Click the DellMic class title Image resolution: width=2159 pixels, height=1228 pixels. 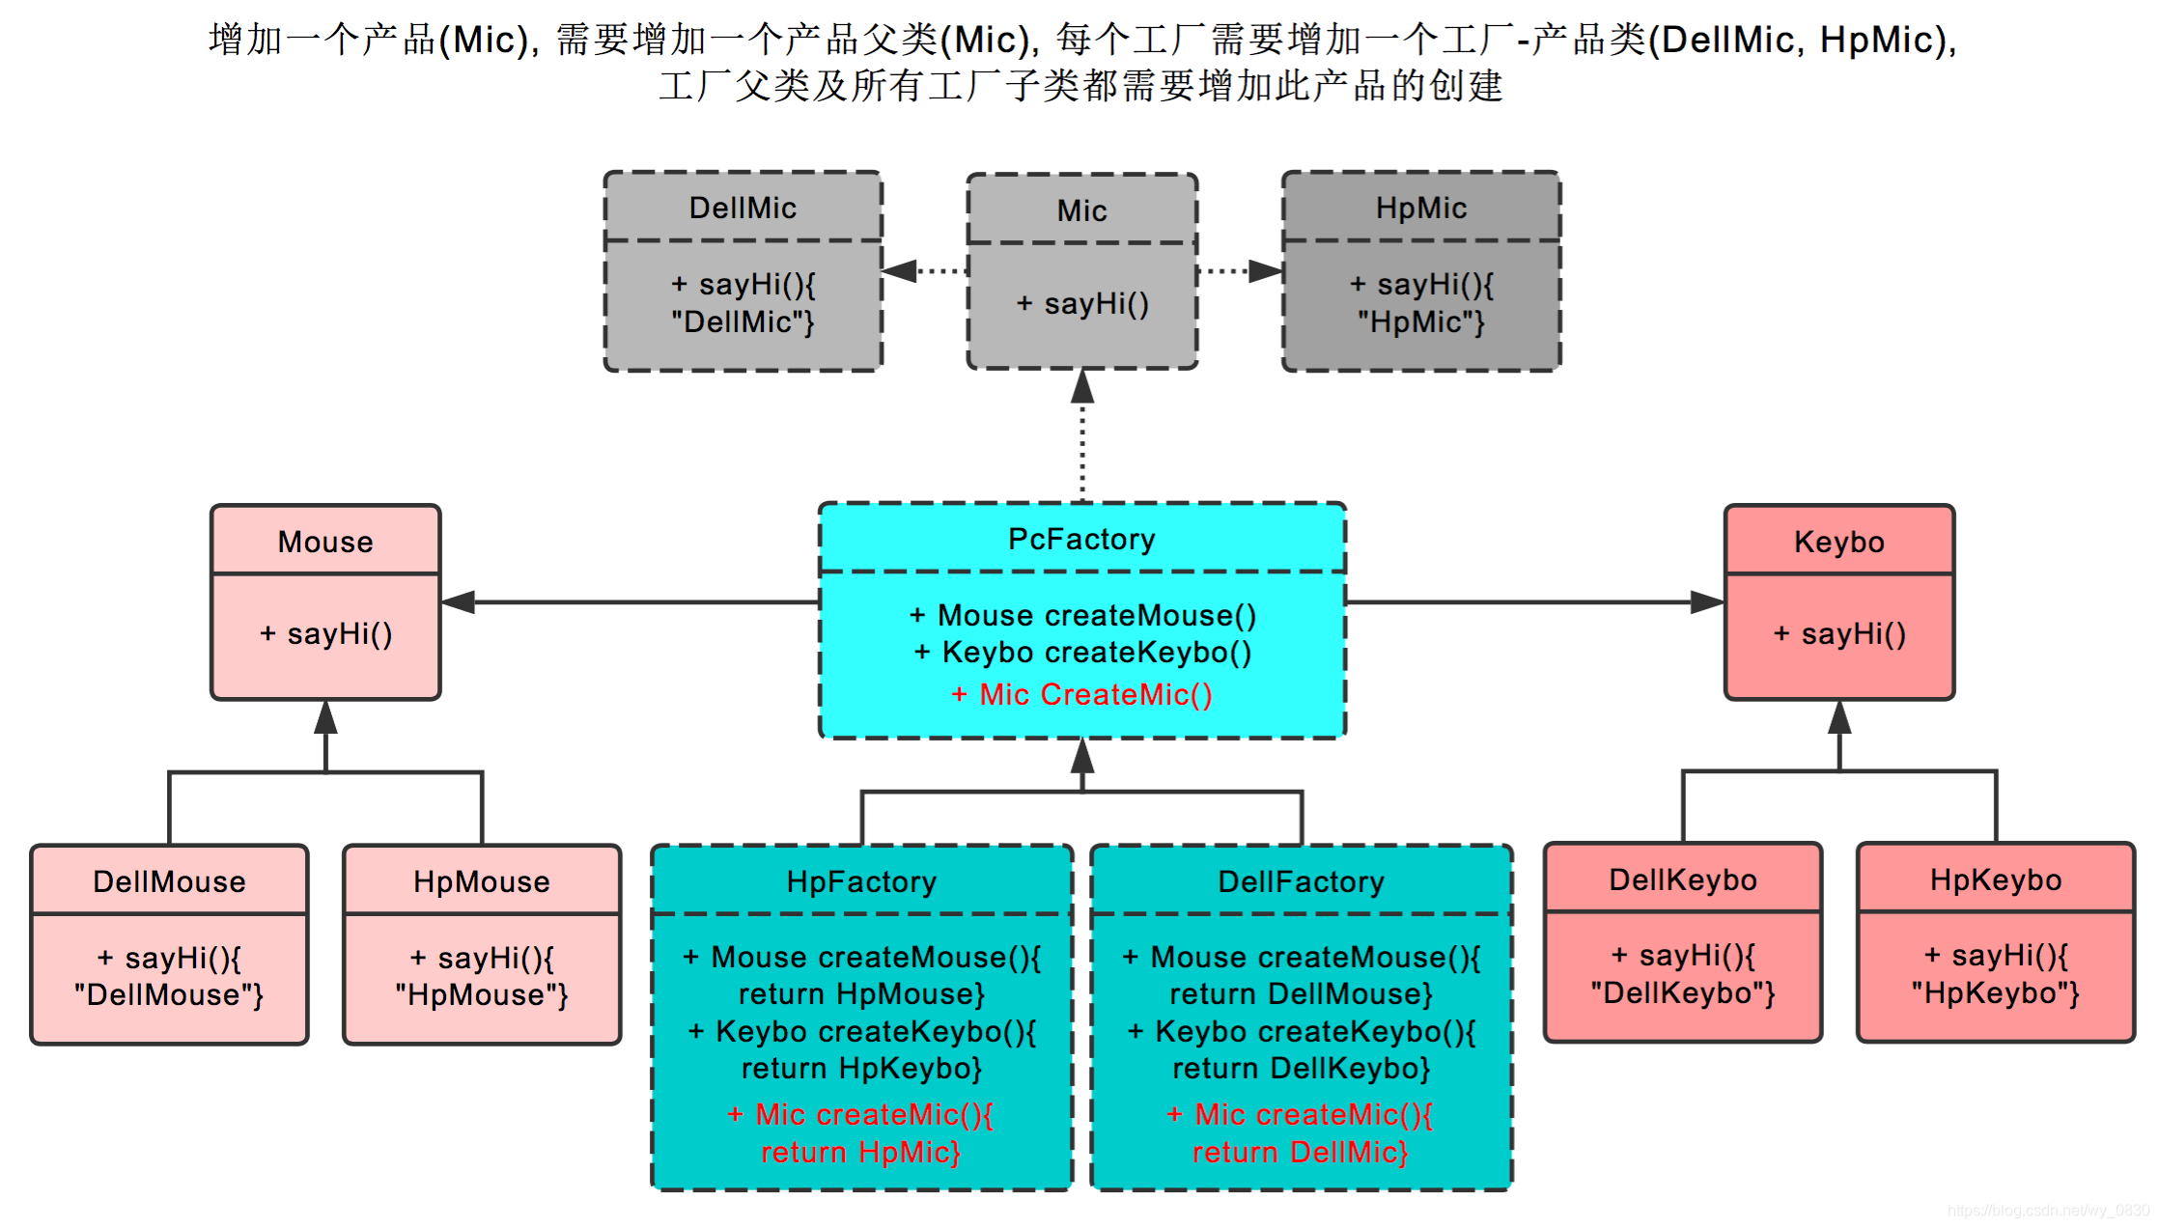743,208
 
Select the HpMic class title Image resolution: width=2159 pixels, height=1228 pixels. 1420,208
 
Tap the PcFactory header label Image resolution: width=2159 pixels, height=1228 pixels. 1081,539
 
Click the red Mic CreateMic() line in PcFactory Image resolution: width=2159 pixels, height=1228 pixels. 1081,694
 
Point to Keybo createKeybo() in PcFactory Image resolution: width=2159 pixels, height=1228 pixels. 1082,653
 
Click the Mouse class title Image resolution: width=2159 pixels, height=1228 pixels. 325,542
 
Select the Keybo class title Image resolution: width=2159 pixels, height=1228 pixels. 1838,542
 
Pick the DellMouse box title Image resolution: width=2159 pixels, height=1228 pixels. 169,881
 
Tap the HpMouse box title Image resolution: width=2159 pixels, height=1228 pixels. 481,881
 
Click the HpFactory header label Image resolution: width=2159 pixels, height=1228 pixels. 861,881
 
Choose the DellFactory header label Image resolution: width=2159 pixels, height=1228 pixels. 1301,881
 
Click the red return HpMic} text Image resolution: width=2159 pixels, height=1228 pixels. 860,1152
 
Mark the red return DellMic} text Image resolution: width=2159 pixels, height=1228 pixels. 1300,1152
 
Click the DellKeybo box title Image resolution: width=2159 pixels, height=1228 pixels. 1682,879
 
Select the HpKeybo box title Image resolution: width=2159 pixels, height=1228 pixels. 1995,879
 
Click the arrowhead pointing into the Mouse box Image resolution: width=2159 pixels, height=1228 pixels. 458,602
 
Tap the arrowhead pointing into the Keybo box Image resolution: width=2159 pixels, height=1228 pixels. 1707,602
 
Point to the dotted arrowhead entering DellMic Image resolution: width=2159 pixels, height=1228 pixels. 899,271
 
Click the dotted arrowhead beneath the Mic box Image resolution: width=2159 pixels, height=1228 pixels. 1082,387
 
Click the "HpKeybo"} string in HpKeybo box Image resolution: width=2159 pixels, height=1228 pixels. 1995,993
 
